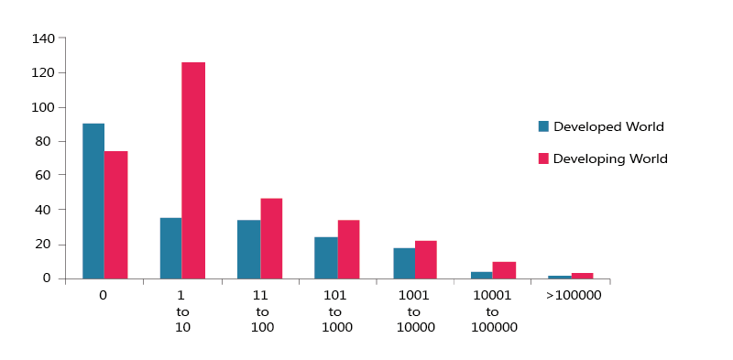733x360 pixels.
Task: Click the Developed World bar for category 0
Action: pos(93,201)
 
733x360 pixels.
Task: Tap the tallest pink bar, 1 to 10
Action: pos(193,170)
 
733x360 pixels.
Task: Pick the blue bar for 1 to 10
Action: pos(170,248)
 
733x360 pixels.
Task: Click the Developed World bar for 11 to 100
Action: pos(248,249)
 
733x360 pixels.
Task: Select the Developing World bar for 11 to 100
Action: pos(271,238)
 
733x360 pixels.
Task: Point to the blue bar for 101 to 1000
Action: pos(326,257)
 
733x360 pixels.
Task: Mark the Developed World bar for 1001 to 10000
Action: pos(404,263)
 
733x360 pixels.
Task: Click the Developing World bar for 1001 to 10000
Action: pos(426,259)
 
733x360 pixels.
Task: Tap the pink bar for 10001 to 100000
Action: pos(504,270)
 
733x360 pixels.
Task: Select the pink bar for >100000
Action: pos(582,275)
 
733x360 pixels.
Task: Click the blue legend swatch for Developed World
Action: pos(543,126)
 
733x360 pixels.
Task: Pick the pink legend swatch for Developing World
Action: pos(543,158)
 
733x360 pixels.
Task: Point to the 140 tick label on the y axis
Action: pos(43,38)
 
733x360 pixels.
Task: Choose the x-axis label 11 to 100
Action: pos(260,312)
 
